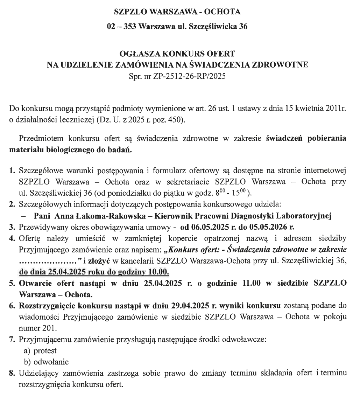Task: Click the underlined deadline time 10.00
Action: [x=161, y=271]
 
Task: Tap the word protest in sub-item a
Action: [x=45, y=350]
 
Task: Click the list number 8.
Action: [x=12, y=373]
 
